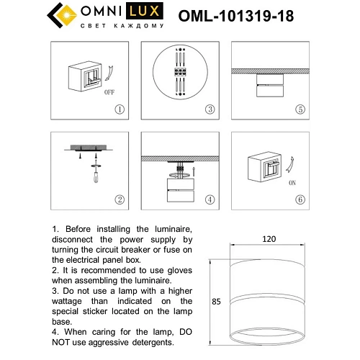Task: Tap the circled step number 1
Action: point(120,109)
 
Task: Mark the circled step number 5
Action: point(300,109)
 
